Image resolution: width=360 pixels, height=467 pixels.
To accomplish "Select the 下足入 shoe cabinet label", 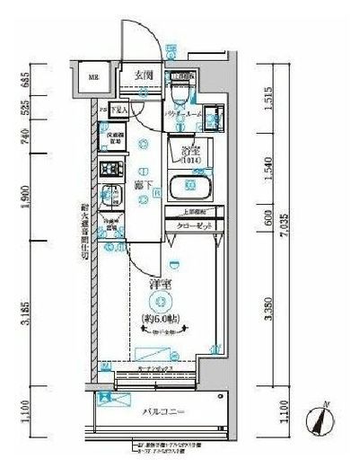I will point(118,109).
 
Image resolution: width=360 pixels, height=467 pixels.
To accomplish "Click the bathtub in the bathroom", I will point(189,188).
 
